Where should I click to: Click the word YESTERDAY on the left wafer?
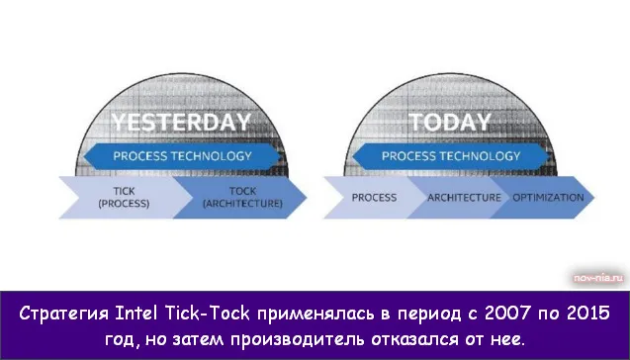[180, 124]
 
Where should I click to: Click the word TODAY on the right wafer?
[449, 123]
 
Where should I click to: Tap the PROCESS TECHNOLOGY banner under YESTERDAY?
[182, 155]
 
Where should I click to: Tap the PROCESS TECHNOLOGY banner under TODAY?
[450, 155]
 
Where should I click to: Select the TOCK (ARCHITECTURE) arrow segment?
[241, 197]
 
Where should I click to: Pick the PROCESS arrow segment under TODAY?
[374, 197]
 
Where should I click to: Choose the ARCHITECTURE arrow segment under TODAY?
[464, 197]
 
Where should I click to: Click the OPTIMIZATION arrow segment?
[547, 197]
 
